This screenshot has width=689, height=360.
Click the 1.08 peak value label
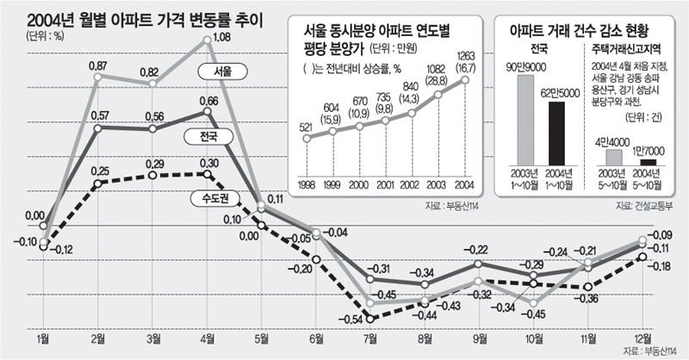click(217, 37)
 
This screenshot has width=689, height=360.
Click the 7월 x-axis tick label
click(370, 341)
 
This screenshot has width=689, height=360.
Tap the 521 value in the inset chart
click(305, 127)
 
